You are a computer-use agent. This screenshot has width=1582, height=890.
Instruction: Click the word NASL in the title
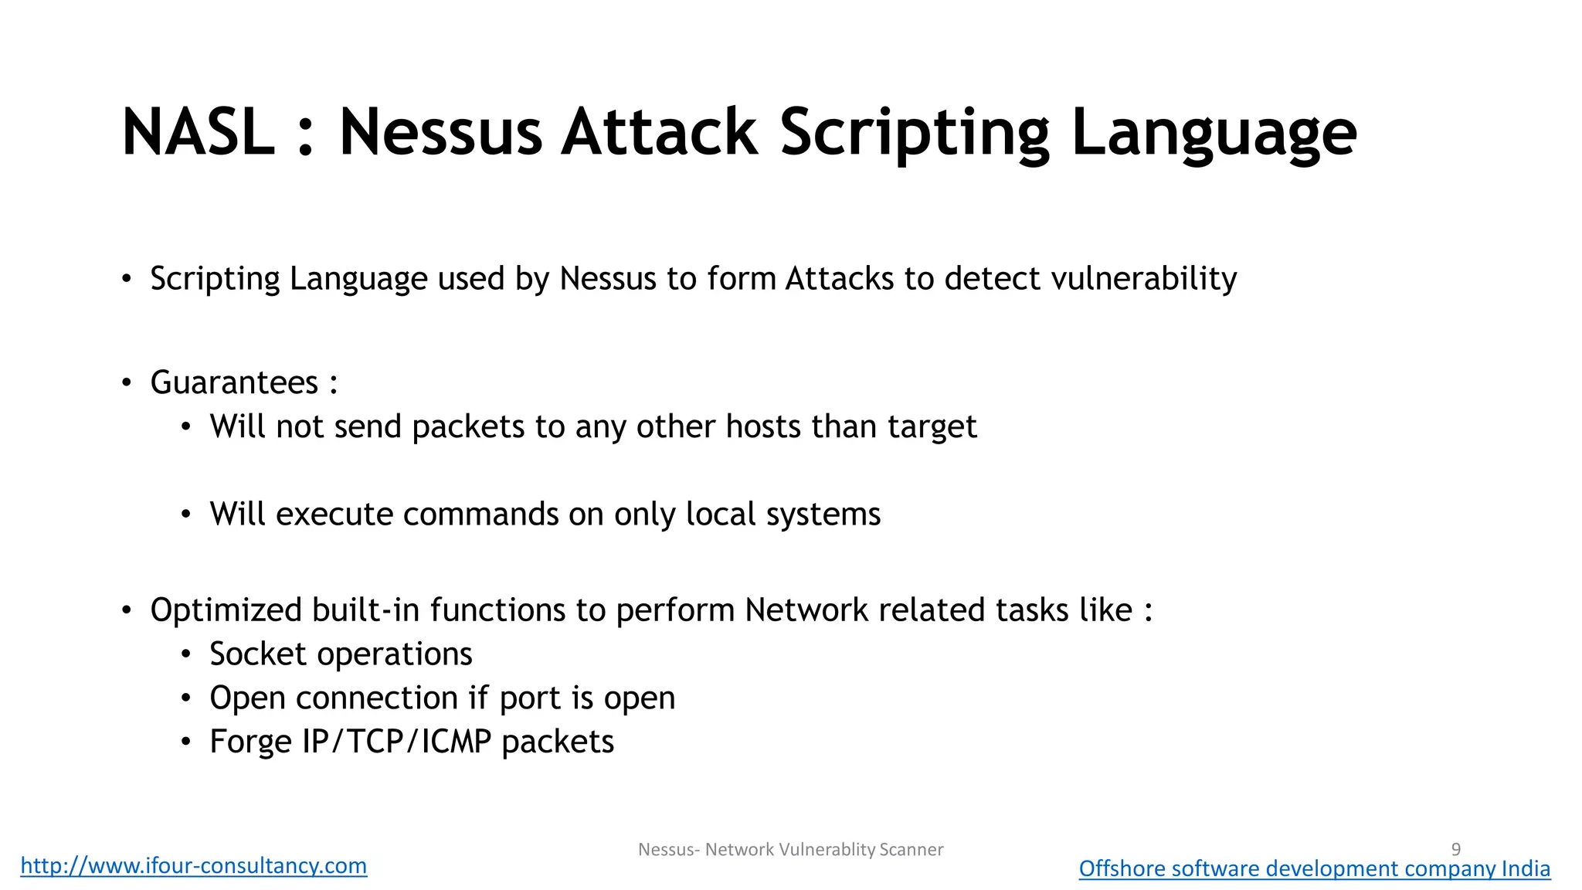point(198,132)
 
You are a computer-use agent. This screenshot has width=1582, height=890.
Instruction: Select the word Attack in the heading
point(659,132)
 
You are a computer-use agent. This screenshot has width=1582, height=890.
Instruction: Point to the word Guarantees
point(234,382)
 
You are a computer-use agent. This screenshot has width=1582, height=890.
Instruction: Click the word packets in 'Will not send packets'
point(468,426)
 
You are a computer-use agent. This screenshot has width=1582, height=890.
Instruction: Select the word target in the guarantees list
point(932,426)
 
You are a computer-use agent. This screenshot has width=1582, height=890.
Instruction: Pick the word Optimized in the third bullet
point(226,610)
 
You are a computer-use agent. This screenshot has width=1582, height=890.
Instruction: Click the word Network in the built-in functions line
point(806,610)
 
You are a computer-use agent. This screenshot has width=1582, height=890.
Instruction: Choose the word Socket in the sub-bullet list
point(258,654)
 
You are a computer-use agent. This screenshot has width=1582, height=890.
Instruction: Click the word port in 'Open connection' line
point(530,698)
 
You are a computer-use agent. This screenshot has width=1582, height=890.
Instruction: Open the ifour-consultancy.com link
point(193,865)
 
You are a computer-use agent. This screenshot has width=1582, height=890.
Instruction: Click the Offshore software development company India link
point(1314,868)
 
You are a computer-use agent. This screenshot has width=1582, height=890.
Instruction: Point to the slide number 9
point(1456,849)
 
